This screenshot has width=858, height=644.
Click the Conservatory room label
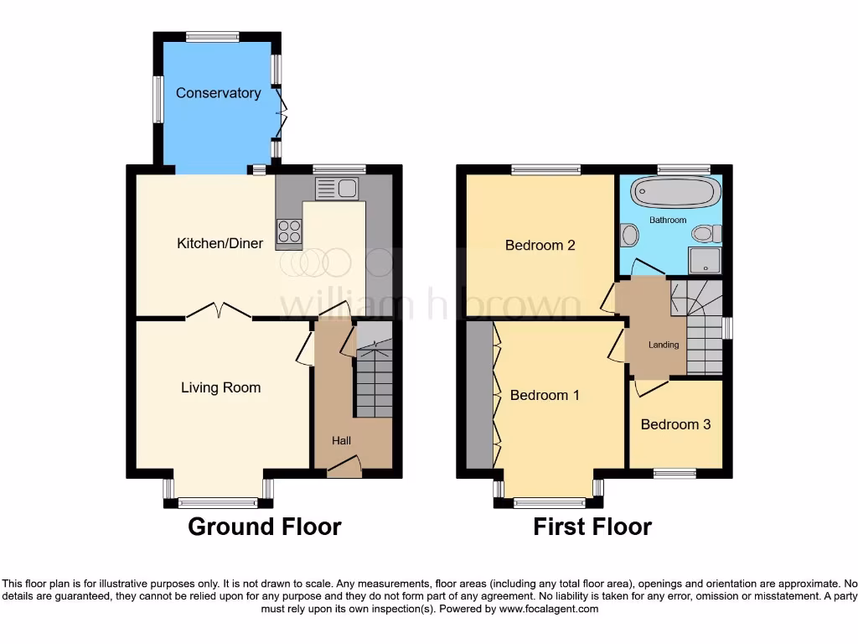pos(218,93)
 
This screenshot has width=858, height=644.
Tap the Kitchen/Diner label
pos(220,244)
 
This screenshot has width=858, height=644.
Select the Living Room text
pos(220,387)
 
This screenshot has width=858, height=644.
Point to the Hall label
pos(341,440)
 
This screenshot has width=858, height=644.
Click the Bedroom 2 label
pos(540,246)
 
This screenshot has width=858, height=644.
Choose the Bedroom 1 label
pos(545,395)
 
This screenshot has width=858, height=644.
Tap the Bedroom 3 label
pos(675,424)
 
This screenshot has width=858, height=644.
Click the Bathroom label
pos(668,220)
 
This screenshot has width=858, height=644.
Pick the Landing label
pos(664,345)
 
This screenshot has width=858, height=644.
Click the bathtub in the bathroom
pos(675,193)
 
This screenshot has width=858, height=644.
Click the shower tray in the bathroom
pos(705,260)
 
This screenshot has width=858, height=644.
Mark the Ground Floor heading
pos(264,527)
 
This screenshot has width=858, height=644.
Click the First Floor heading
pos(592,527)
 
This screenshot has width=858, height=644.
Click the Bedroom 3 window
pos(675,474)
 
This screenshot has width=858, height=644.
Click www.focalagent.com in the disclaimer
pos(548,609)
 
